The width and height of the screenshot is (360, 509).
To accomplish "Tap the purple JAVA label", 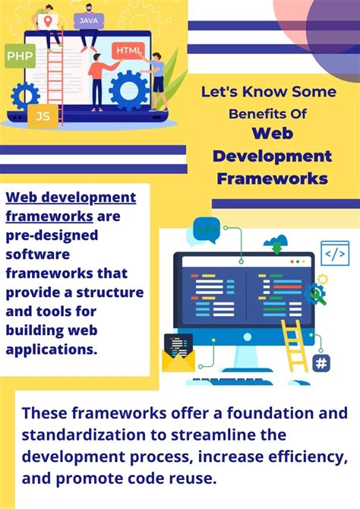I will pyautogui.click(x=89, y=20).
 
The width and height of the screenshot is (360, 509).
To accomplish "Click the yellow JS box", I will pyautogui.click(x=42, y=117).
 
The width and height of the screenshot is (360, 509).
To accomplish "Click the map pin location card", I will pyautogui.click(x=49, y=21).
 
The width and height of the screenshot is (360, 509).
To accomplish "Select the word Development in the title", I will pyautogui.click(x=272, y=156).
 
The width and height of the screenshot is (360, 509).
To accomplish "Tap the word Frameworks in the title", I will pyautogui.click(x=272, y=179).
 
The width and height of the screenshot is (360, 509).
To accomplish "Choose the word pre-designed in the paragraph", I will pyautogui.click(x=52, y=236).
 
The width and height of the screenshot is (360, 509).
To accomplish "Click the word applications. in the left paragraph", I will pyautogui.click(x=52, y=349).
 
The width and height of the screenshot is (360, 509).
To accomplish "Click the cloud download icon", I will pyautogui.click(x=275, y=245).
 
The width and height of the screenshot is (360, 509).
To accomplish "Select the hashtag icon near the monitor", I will pyautogui.click(x=321, y=363).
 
